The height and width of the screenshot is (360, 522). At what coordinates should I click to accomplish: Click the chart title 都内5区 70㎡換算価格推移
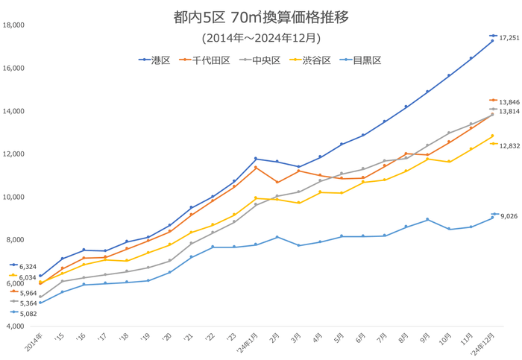[260, 16]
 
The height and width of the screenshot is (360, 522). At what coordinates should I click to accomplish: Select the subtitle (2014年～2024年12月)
[261, 37]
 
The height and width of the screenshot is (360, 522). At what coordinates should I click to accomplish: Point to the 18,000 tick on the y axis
[14, 25]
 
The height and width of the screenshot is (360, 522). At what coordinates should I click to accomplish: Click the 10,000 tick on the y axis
[14, 198]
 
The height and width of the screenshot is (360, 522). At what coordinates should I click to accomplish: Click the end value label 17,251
[509, 36]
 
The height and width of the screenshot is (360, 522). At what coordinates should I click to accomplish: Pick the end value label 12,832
[509, 145]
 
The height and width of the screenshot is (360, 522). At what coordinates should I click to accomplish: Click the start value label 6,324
[27, 266]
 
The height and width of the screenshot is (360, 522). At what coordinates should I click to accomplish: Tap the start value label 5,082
[27, 313]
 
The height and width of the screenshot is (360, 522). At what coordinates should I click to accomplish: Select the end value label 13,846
[509, 101]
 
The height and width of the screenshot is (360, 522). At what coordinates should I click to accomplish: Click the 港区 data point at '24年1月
[256, 159]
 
